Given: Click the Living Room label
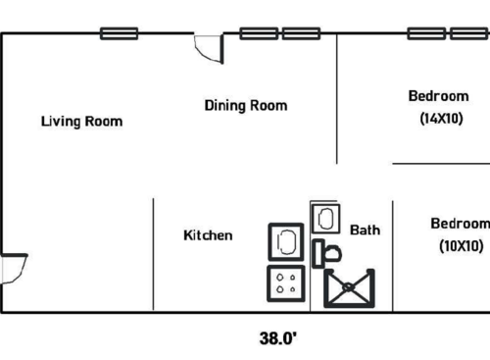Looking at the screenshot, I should point(81,122).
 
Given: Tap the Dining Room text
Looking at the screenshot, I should point(246,105).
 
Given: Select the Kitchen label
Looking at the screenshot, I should point(208,235).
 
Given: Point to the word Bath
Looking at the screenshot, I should point(366,231).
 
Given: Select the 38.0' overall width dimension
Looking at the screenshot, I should point(278,338).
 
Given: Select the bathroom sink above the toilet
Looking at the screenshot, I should point(325,218).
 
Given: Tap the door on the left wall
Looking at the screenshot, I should point(13,268).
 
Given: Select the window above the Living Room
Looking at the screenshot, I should point(120,33).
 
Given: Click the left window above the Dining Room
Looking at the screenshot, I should point(260,33).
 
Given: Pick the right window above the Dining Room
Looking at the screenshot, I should point(302,33).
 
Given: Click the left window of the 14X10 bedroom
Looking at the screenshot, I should point(427,33).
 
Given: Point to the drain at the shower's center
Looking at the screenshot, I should point(349,288).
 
